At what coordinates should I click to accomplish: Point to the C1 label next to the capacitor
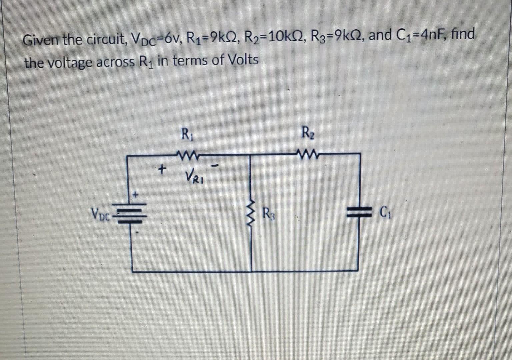click(384, 212)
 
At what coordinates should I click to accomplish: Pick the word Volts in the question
click(243, 60)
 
